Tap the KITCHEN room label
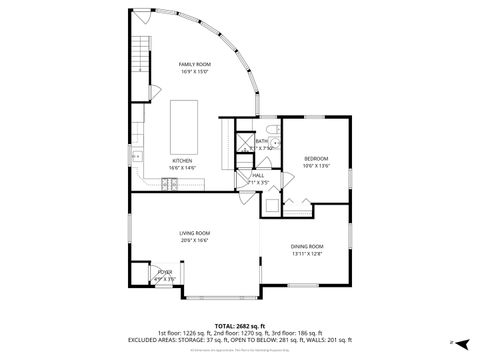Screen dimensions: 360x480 point(182,160)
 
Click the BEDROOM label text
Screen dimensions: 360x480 point(316,159)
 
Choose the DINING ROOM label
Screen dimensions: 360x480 point(307,246)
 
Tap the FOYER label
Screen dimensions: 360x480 point(165,272)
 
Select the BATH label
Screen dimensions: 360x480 point(261,141)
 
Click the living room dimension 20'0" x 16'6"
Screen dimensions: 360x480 point(194,240)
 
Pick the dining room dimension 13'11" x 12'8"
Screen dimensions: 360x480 point(307,254)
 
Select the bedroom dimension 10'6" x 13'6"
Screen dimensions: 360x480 point(316,166)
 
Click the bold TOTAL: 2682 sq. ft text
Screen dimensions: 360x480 point(239,326)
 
